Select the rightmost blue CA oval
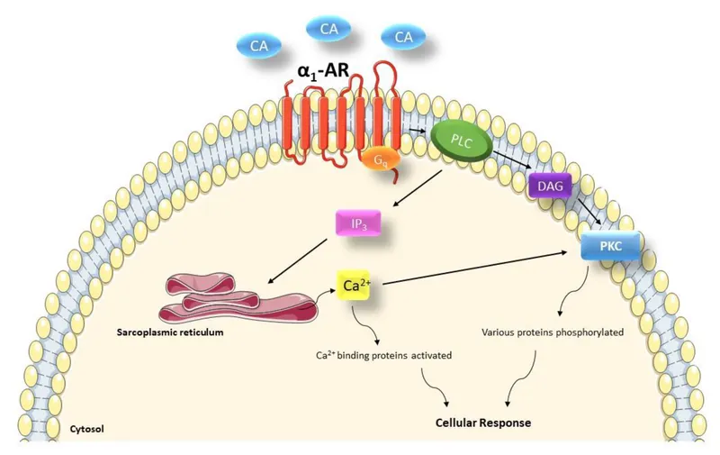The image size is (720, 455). point(403,37)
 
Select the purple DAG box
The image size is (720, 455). point(546,185)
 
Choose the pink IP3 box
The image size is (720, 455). point(357,223)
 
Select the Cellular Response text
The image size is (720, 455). point(483,422)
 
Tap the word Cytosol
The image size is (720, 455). point(87,430)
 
